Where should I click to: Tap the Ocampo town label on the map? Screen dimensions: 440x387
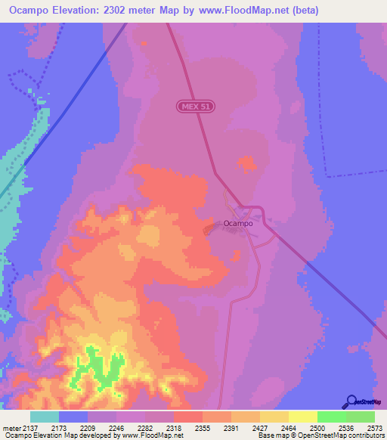coord(237,223)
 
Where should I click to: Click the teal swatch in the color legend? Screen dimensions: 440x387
coord(45,417)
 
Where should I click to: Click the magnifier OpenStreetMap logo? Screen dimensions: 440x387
coord(351,401)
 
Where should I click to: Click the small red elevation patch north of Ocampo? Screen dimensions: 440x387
coord(246,163)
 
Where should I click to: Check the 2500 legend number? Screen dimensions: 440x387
coord(317,428)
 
